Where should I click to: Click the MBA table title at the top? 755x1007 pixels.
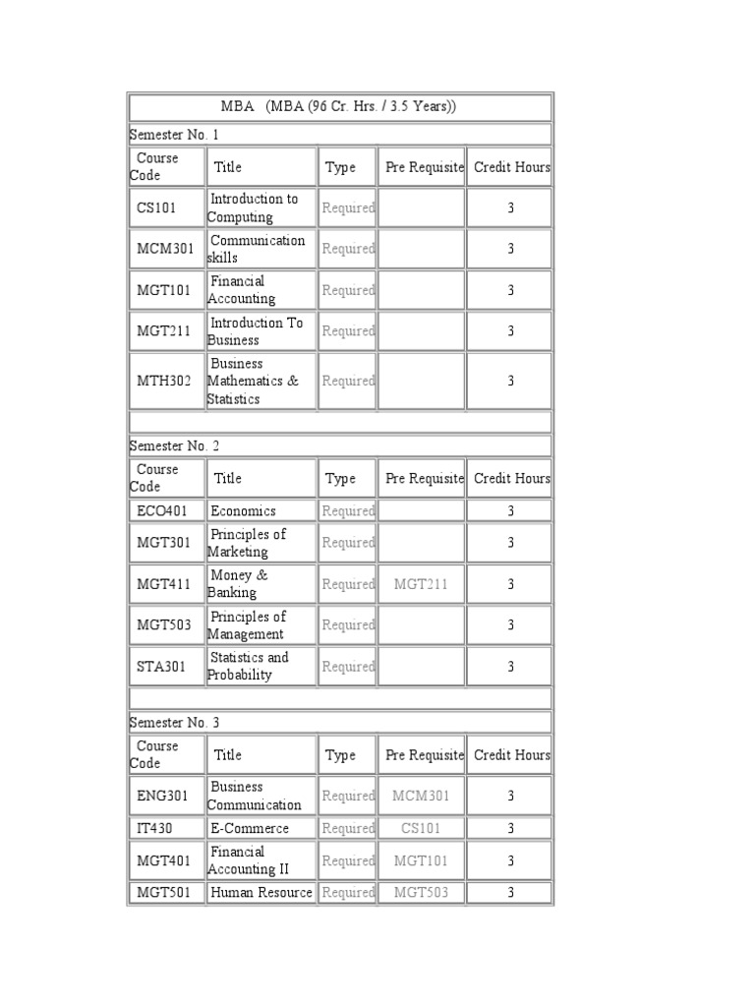click(340, 107)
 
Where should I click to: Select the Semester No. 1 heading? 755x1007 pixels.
click(175, 134)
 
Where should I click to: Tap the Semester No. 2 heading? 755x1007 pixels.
click(175, 445)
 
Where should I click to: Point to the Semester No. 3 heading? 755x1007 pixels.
click(175, 723)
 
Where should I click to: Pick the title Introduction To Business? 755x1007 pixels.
click(256, 331)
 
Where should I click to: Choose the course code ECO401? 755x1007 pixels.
click(163, 511)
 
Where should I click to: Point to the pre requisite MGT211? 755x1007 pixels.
click(421, 585)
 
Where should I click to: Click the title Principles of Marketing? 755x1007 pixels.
click(247, 543)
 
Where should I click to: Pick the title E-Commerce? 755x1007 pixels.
click(250, 829)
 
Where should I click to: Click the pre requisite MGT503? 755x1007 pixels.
click(421, 893)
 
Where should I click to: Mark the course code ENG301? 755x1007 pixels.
click(163, 797)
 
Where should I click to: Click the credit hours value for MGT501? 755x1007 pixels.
click(510, 893)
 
